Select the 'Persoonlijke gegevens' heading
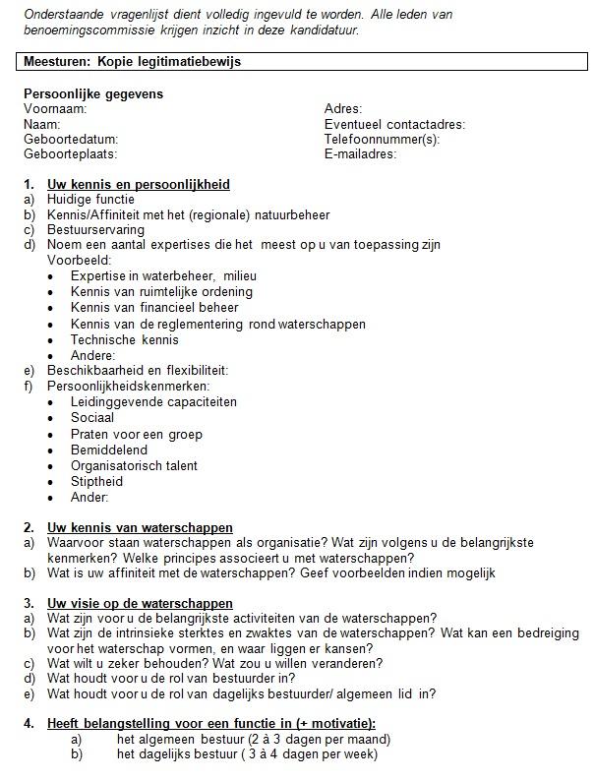pyautogui.click(x=93, y=94)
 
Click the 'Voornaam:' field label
pyautogui.click(x=55, y=109)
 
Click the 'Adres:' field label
pyautogui.click(x=343, y=109)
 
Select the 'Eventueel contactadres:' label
pyautogui.click(x=394, y=125)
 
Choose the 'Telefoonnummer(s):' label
pyautogui.click(x=382, y=140)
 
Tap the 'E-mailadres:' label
pyautogui.click(x=360, y=154)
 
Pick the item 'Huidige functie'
pyautogui.click(x=90, y=200)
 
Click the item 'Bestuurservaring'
pyautogui.click(x=97, y=229)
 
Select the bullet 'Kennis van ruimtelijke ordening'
pyautogui.click(x=161, y=291)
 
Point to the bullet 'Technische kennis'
pyautogui.click(x=125, y=339)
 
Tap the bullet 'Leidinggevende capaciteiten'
pyautogui.click(x=153, y=402)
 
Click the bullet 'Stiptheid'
pyautogui.click(x=96, y=482)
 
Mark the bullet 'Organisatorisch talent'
pyautogui.click(x=134, y=466)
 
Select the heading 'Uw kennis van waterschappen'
pyautogui.click(x=140, y=528)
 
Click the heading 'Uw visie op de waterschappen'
pyautogui.click(x=140, y=603)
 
